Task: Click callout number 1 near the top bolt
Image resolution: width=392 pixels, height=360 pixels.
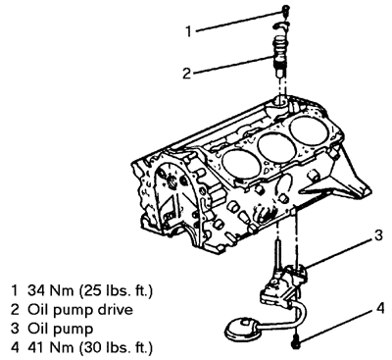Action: coord(188,31)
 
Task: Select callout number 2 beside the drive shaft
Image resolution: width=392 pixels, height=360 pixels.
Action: coord(186,74)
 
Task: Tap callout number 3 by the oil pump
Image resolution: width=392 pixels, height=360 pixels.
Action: coord(378,235)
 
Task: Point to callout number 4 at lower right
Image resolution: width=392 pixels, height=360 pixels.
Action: coord(380,308)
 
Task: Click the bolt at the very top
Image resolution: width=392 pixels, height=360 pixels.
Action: coord(285,10)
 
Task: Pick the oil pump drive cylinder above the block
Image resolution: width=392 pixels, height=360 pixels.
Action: coord(280,57)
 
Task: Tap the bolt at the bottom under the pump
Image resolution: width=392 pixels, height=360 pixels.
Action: coord(296,341)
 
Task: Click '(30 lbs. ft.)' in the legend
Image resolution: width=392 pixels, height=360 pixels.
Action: coord(116,348)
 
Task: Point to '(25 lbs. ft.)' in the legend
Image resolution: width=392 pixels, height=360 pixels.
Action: coord(116,290)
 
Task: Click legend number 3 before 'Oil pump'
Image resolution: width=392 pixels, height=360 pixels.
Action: coord(15,329)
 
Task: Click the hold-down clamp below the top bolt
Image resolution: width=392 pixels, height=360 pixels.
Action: coord(281,26)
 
